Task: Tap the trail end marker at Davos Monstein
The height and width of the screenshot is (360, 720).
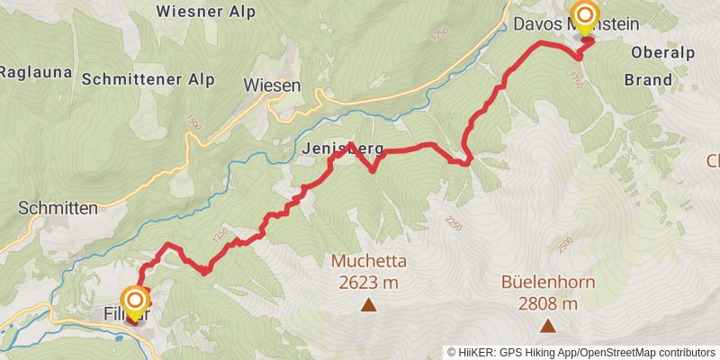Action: (x=585, y=15)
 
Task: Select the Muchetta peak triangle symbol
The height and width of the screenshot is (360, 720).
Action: (x=368, y=306)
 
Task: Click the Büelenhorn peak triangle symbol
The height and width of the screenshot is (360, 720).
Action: (x=547, y=325)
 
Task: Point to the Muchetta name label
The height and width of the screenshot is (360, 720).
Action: (x=369, y=262)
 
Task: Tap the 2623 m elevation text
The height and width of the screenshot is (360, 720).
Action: (x=369, y=283)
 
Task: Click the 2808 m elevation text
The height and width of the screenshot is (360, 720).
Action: (x=547, y=303)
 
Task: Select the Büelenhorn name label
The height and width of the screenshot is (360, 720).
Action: (x=548, y=283)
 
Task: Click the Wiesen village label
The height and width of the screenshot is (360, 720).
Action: (x=271, y=85)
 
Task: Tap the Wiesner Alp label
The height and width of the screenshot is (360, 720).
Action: (x=205, y=12)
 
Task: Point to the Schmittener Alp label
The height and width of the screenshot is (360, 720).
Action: (x=148, y=79)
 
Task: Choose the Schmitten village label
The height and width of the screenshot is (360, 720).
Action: (x=58, y=208)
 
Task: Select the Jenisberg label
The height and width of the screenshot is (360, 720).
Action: (x=343, y=148)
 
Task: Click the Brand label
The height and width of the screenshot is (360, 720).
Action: (x=648, y=79)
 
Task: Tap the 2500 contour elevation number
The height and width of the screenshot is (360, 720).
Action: (x=564, y=244)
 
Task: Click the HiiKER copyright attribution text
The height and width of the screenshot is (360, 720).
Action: (x=581, y=352)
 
